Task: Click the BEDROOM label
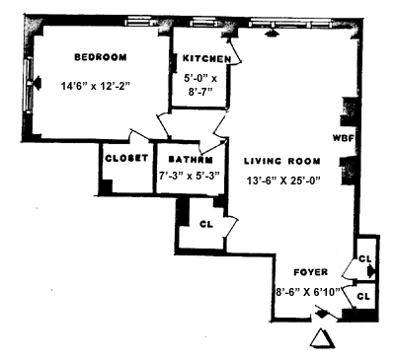tap(101, 57)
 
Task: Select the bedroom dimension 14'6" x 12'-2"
tap(96, 86)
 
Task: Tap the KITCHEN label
tap(206, 59)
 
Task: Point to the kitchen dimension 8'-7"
tap(199, 92)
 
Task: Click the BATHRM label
tap(191, 160)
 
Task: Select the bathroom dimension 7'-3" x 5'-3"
tap(190, 176)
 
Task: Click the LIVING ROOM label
tap(282, 161)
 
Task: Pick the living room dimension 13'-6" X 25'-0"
tap(283, 180)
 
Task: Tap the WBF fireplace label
tap(343, 138)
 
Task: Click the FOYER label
tap(311, 272)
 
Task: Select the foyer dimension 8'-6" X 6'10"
tap(308, 292)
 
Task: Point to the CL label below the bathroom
tap(206, 224)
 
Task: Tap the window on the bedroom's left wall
tap(29, 85)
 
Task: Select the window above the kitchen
tap(203, 22)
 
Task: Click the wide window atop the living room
tap(290, 23)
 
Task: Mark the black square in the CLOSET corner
tap(106, 186)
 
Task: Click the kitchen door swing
tap(234, 51)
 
